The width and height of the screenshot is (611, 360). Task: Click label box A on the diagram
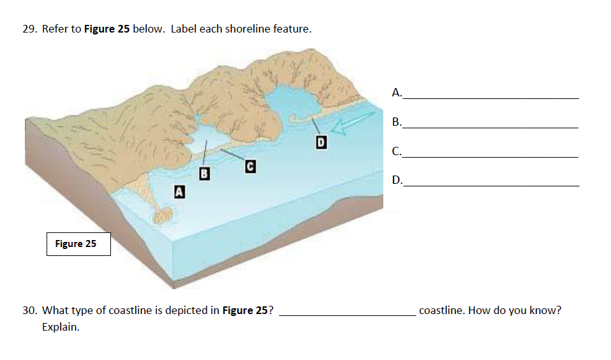click(179, 190)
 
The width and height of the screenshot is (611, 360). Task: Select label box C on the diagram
click(251, 166)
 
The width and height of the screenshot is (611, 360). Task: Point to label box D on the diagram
click(321, 142)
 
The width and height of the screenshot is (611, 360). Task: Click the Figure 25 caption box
click(78, 244)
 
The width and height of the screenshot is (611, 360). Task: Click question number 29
click(30, 29)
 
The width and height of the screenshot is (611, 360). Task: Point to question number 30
click(30, 311)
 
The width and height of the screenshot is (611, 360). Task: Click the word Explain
click(61, 327)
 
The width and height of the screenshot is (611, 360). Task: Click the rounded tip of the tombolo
click(162, 215)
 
